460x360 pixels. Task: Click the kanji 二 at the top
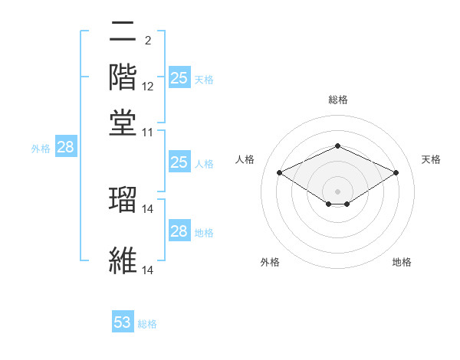pyautogui.click(x=123, y=33)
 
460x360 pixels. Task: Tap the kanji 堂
pyautogui.click(x=123, y=122)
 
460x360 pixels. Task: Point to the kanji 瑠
pyautogui.click(x=123, y=198)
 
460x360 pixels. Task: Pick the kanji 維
pyautogui.click(x=123, y=260)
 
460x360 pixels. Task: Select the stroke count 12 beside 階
pyautogui.click(x=148, y=87)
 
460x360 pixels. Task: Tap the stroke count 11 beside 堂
pyautogui.click(x=148, y=132)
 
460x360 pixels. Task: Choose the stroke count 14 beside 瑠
pyautogui.click(x=148, y=208)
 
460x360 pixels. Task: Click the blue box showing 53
pyautogui.click(x=123, y=322)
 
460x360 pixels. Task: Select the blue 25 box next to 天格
pyautogui.click(x=179, y=78)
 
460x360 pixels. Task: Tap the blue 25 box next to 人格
pyautogui.click(x=179, y=162)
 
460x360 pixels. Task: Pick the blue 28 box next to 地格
pyautogui.click(x=179, y=231)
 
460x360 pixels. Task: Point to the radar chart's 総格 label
pyautogui.click(x=337, y=100)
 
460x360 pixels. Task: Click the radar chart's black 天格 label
pyautogui.click(x=431, y=159)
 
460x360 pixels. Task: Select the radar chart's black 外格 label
pyautogui.click(x=270, y=262)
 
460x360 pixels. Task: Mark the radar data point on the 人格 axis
pyautogui.click(x=279, y=172)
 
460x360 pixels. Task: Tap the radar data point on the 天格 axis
pyautogui.click(x=396, y=172)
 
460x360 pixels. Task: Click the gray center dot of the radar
pyautogui.click(x=337, y=191)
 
